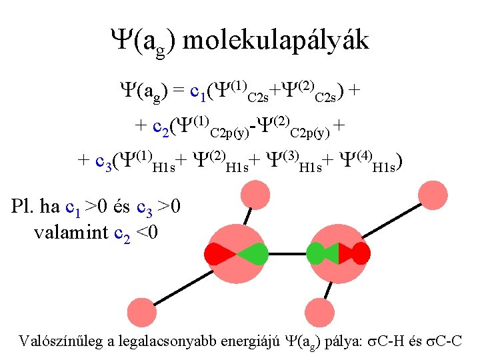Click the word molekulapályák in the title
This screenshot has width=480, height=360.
coord(275,41)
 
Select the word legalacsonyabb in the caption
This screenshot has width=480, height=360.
coord(168,341)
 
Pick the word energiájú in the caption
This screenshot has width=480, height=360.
coord(254,341)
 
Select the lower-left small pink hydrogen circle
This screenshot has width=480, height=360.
coord(141,312)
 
